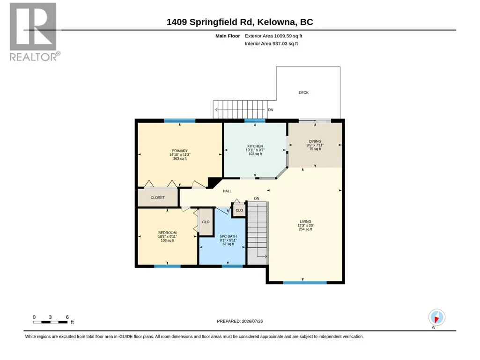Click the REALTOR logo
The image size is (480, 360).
click(33, 32)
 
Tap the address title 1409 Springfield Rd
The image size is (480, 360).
click(210, 22)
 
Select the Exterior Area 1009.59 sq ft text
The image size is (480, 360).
click(273, 36)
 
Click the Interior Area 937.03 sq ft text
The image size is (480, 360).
click(271, 44)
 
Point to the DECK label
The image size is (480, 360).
click(303, 92)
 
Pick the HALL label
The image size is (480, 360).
click(227, 191)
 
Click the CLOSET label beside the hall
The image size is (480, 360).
click(158, 198)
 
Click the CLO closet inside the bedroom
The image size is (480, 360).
click(206, 222)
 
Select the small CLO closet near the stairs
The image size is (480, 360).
click(239, 210)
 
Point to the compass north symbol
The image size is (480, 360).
click(436, 318)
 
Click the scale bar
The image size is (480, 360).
click(50, 322)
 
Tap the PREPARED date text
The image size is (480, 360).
click(240, 321)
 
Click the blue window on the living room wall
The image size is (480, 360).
click(305, 283)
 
